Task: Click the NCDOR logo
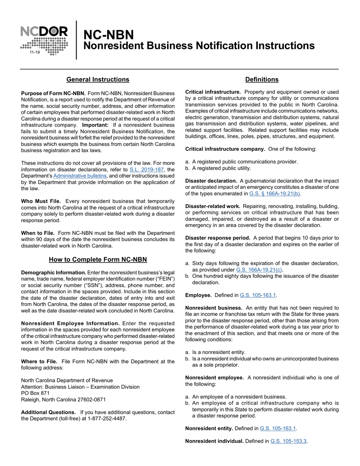click(x=44, y=40)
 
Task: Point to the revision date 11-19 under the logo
click(x=34, y=52)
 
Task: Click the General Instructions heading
click(x=98, y=80)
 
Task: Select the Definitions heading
click(x=262, y=80)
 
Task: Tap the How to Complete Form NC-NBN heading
click(x=98, y=260)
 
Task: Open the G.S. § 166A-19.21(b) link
click(x=275, y=194)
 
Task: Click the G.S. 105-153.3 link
click(x=288, y=441)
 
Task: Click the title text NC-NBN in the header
click(x=108, y=35)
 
